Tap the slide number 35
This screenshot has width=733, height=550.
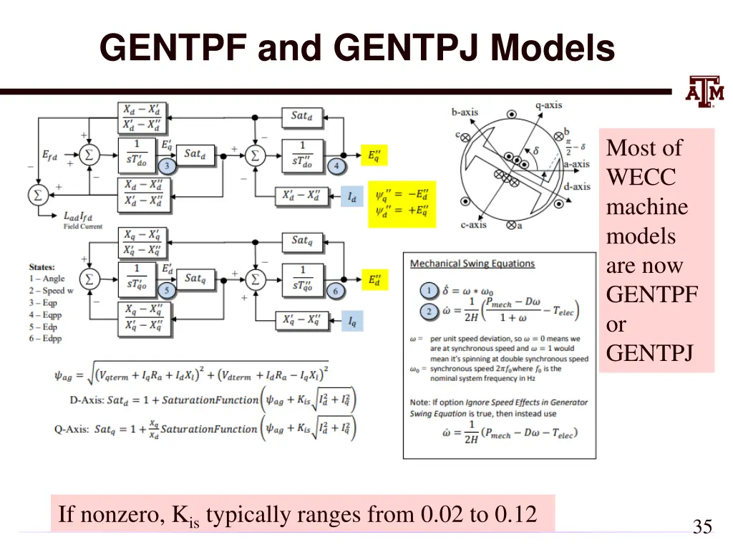[702, 528]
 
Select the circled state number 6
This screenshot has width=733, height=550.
[336, 291]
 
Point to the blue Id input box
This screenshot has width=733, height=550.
[351, 196]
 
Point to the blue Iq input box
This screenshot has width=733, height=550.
[351, 322]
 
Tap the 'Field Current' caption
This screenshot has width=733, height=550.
[83, 226]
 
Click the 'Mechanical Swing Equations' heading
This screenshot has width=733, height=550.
[472, 264]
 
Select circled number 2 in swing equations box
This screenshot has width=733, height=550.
[428, 312]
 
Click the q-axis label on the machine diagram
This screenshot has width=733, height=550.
[548, 105]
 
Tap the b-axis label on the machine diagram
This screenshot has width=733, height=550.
[465, 112]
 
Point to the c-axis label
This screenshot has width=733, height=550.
[473, 225]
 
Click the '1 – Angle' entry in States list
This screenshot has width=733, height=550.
[47, 279]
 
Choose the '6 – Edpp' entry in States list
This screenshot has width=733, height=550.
[46, 338]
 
